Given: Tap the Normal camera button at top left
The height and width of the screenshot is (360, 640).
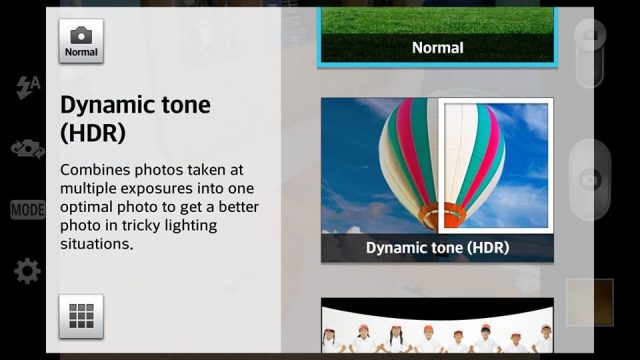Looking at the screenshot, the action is [x=81, y=41].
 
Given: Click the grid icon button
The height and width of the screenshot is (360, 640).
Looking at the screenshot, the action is [x=81, y=316].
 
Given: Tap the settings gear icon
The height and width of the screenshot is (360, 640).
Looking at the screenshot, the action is [x=27, y=271].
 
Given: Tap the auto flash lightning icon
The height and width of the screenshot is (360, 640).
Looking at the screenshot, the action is [x=28, y=87].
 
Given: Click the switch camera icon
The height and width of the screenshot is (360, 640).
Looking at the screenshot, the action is [x=28, y=149].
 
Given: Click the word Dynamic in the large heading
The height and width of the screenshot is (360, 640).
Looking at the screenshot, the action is [x=108, y=106].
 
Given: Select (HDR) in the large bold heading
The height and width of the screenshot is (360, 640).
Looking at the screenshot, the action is [x=93, y=133].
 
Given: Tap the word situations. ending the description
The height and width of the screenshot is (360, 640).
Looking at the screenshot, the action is [x=97, y=244].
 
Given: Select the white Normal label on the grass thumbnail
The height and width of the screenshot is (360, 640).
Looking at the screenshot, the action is [x=438, y=48].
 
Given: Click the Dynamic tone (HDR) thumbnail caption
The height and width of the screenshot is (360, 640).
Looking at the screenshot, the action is [x=438, y=248].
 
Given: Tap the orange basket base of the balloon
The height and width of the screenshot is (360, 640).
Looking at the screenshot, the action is [x=442, y=215].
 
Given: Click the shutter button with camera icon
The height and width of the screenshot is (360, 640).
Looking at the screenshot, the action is [x=590, y=180].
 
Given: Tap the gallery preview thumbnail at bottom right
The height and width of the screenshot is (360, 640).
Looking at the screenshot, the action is [x=590, y=302].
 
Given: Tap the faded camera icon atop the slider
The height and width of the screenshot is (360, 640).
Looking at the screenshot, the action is [x=590, y=35].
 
